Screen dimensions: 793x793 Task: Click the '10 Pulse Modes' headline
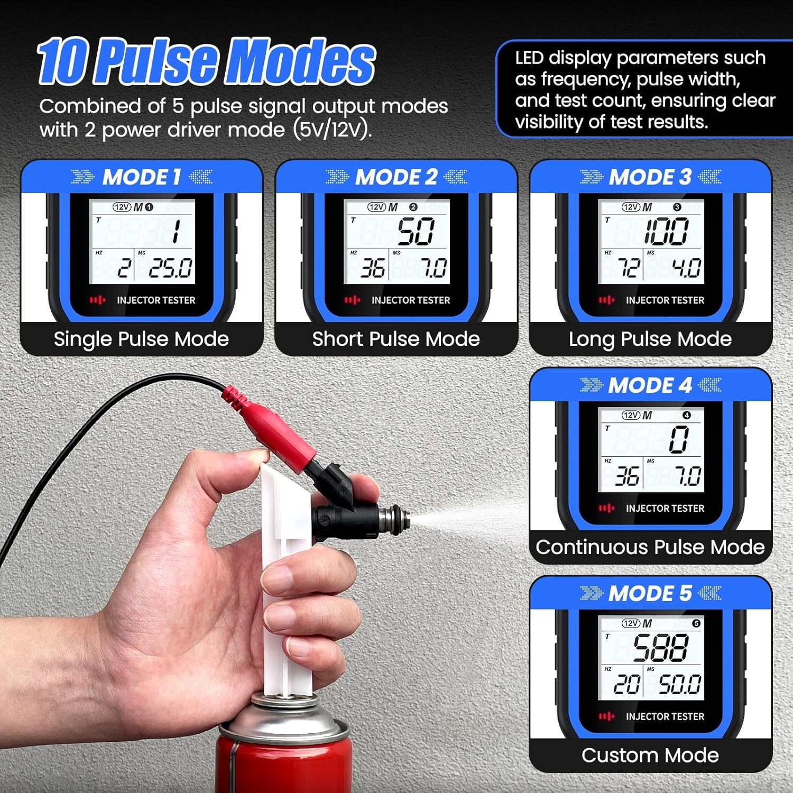point(206,62)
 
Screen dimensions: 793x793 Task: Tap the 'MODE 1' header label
point(142,177)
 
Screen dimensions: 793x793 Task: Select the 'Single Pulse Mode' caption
point(141,339)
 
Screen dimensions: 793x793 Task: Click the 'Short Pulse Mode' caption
point(396,339)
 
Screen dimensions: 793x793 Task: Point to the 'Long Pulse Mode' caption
point(650,339)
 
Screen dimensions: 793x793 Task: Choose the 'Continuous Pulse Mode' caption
point(650,547)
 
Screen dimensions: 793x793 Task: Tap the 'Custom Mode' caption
point(650,755)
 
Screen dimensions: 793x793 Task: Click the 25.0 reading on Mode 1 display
point(170,268)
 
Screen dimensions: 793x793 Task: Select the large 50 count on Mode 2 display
point(416,232)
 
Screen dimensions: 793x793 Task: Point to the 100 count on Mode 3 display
point(666,232)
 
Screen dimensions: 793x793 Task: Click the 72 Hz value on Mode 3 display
point(629,268)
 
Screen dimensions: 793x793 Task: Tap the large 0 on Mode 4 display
point(679,440)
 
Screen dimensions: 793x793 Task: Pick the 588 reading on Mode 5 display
point(661,648)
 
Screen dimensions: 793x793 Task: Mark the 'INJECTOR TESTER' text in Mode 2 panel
point(410,300)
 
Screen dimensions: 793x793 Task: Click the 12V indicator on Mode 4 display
point(631,416)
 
